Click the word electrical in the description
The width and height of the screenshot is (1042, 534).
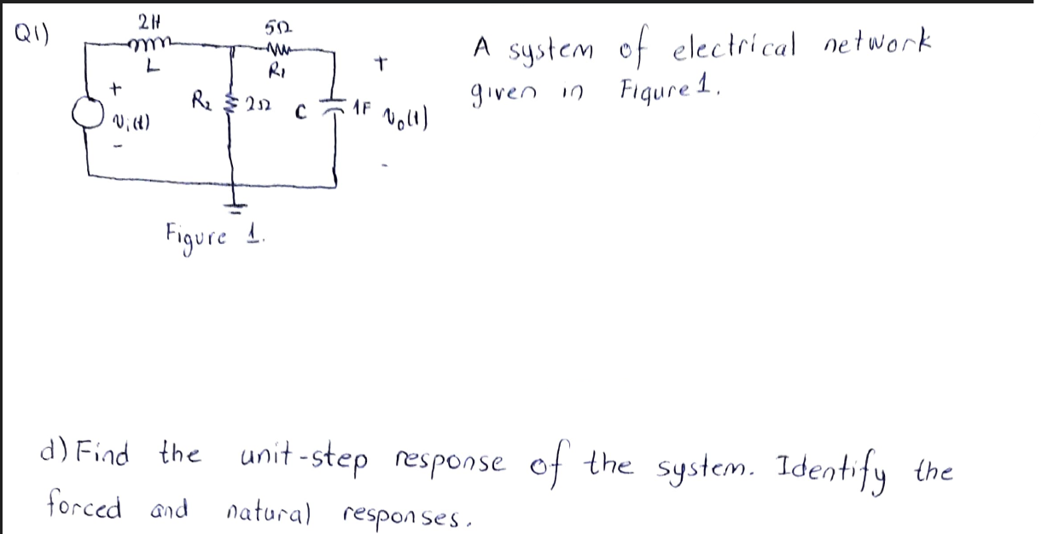point(731,45)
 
